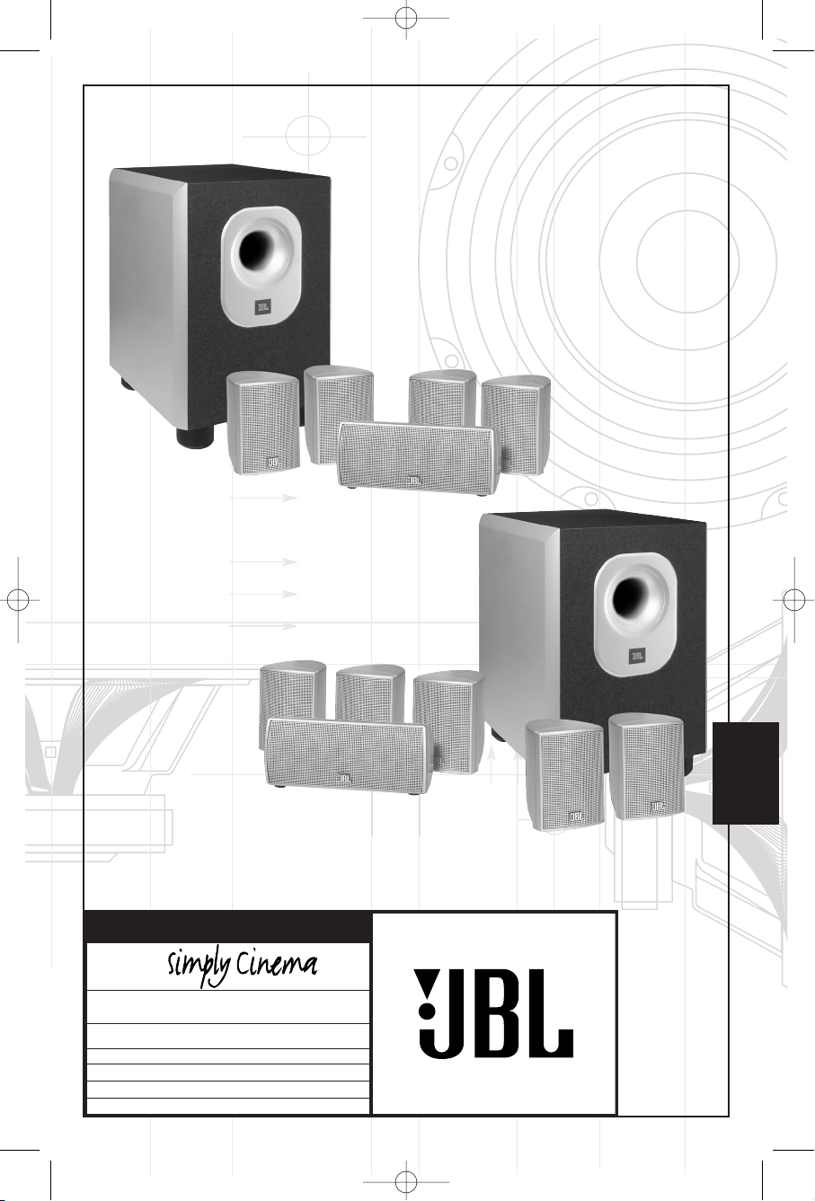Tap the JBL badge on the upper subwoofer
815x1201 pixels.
[x=262, y=308]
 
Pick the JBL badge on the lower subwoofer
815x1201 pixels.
[x=637, y=655]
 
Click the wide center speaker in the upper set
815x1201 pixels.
[x=417, y=455]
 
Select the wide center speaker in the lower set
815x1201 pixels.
[x=346, y=755]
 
